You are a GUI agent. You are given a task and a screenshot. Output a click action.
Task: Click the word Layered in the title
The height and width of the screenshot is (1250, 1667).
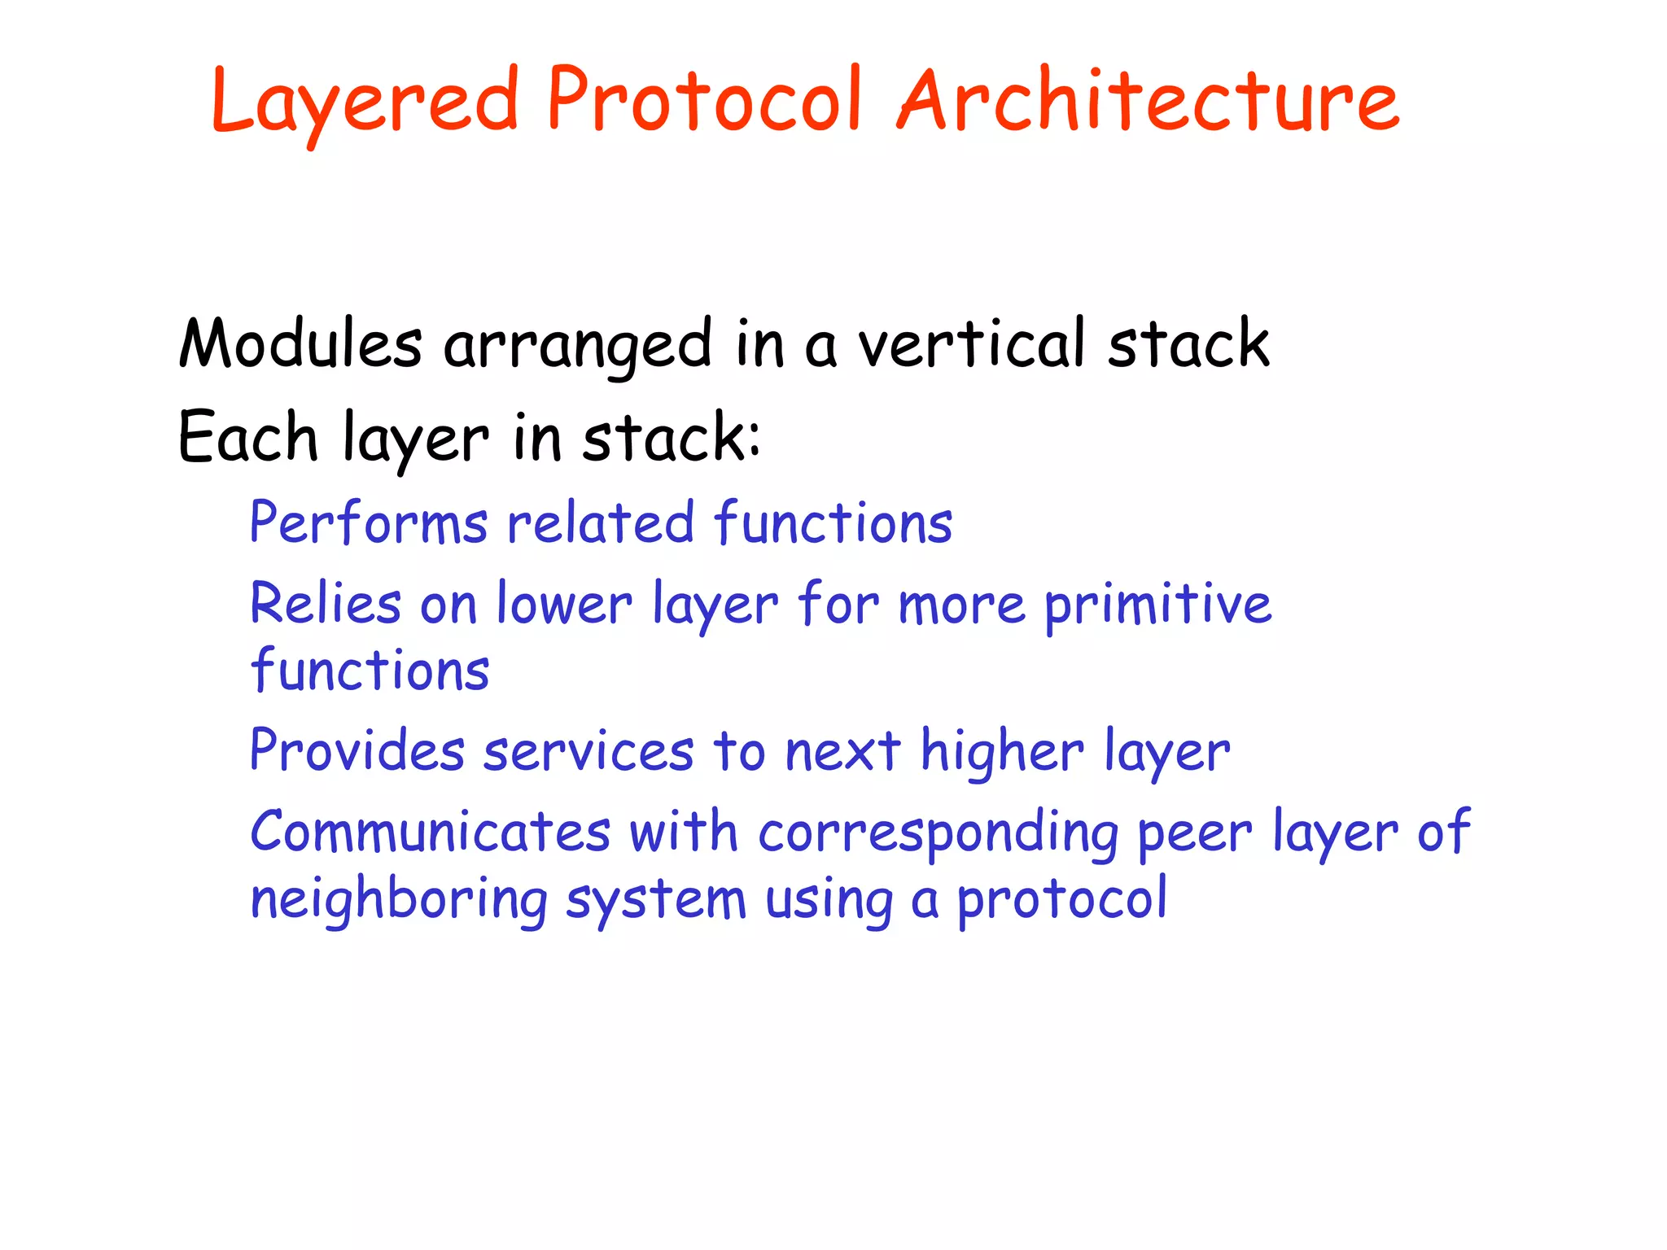[364, 102]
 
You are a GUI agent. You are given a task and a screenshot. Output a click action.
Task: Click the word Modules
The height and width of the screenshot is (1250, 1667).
[300, 343]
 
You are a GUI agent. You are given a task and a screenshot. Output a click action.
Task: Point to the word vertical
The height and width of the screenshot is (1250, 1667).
[972, 343]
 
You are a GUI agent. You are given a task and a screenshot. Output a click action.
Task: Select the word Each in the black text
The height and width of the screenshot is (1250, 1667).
[247, 438]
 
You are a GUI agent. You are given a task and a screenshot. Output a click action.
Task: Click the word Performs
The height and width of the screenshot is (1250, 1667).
[368, 522]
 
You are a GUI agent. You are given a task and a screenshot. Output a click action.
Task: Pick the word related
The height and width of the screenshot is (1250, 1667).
[600, 522]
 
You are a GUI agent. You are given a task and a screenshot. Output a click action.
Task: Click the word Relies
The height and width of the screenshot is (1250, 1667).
[326, 604]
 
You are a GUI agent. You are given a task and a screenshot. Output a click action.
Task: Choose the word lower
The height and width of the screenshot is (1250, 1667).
[564, 604]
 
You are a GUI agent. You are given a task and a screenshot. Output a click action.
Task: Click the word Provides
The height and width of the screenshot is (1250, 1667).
[357, 750]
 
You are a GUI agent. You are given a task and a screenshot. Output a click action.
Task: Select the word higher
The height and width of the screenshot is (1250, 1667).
[1002, 750]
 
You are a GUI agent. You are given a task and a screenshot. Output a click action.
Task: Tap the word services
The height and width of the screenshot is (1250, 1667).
[588, 752]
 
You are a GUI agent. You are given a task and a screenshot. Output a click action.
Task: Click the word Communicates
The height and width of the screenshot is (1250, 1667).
[430, 832]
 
